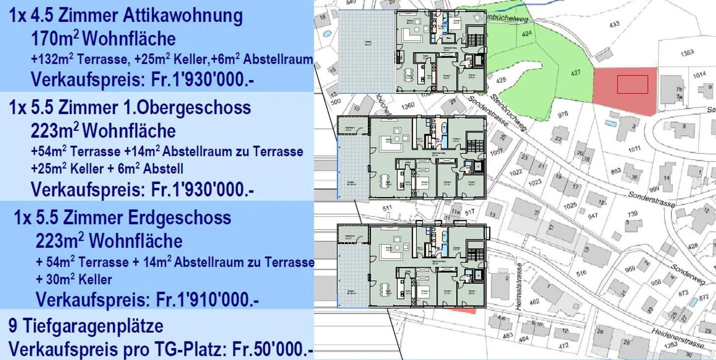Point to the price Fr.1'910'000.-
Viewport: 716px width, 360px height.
(x=208, y=300)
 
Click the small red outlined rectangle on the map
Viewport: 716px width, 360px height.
(x=632, y=85)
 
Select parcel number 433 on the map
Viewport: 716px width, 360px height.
(x=615, y=24)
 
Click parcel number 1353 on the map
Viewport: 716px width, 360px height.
(x=687, y=53)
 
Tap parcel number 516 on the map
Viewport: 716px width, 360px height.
(x=581, y=273)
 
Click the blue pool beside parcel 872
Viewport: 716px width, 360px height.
(x=693, y=301)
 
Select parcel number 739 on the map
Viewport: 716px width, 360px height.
(x=631, y=214)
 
